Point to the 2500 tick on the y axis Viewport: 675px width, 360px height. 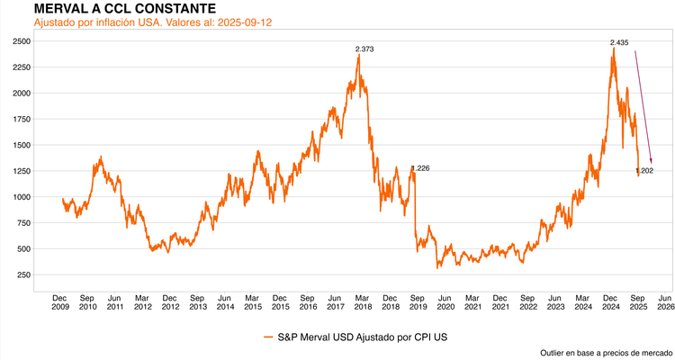pos(21,41)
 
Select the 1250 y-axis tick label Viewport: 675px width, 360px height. pos(21,171)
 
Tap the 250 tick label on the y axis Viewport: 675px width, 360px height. pos(23,274)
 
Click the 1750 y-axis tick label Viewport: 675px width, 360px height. pos(21,119)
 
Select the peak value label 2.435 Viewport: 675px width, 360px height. pos(618,42)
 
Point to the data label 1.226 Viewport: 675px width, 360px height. pos(420,168)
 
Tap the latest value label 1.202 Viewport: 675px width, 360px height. pos(644,170)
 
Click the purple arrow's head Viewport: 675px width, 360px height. pos(651,160)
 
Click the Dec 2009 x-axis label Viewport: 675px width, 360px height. pos(59,301)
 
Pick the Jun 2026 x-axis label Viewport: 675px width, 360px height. pos(666,301)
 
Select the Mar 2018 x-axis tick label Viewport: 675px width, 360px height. pos(363,301)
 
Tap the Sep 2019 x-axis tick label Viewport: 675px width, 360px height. pos(418,301)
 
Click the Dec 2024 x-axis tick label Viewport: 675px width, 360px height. pos(610,301)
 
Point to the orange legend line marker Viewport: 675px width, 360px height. pos(268,337)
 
